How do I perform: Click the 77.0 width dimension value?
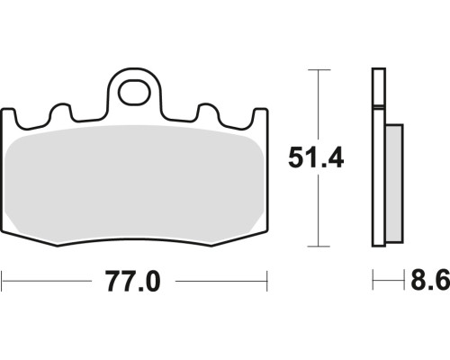tap(133, 281)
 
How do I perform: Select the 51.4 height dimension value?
tap(316, 157)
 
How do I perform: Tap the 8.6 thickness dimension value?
tap(430, 280)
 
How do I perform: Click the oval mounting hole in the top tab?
tap(134, 92)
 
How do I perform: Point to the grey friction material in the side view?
tap(394, 184)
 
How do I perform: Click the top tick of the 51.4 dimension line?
tap(319, 70)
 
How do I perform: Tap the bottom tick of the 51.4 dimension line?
tap(319, 247)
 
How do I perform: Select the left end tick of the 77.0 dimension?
tap(2, 281)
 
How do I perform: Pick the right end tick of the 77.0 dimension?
tap(266, 281)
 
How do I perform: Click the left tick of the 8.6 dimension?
tap(373, 280)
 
